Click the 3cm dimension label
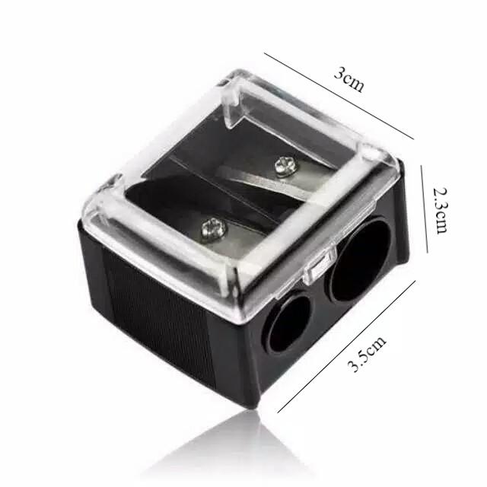point(349,80)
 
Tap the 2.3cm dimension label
point(441,210)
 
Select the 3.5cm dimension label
point(367,353)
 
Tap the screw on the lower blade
point(213,228)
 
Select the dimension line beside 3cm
point(339,97)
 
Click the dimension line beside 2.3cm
point(425,208)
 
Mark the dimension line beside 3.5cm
point(346,347)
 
